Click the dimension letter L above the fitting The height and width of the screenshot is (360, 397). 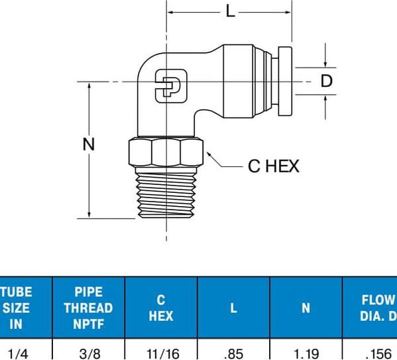click(230, 11)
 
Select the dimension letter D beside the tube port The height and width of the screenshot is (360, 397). click(326, 81)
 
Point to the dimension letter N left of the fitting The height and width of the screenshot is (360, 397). click(89, 144)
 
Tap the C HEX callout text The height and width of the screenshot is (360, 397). click(274, 166)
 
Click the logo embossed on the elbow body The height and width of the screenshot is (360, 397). click(171, 86)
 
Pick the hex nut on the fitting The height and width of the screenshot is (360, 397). click(166, 152)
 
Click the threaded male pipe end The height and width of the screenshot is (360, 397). click(166, 192)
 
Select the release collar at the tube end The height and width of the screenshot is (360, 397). click(285, 82)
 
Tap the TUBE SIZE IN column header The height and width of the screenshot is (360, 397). click(16, 308)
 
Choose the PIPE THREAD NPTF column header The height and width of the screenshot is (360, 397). click(88, 308)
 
